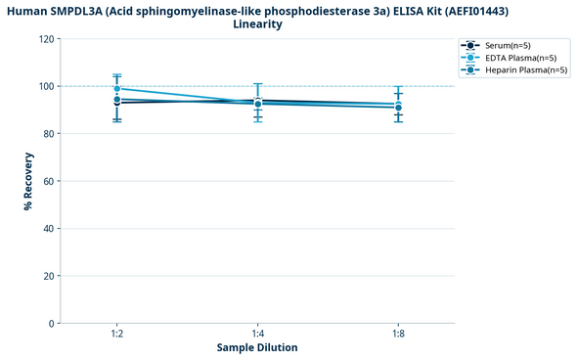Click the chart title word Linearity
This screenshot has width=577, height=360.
pyautogui.click(x=258, y=24)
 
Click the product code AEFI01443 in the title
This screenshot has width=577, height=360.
pyautogui.click(x=472, y=11)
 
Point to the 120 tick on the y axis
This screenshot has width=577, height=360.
pyautogui.click(x=46, y=39)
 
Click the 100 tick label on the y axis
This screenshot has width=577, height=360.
pyautogui.click(x=46, y=86)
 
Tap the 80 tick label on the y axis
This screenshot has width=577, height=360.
pyautogui.click(x=49, y=134)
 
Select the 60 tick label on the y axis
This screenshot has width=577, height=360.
pyautogui.click(x=49, y=181)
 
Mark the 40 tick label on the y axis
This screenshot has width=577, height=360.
pyautogui.click(x=49, y=229)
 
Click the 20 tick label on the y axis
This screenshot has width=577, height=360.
pyautogui.click(x=49, y=276)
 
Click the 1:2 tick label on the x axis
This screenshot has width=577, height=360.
pyautogui.click(x=117, y=335)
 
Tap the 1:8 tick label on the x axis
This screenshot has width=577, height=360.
pyautogui.click(x=398, y=335)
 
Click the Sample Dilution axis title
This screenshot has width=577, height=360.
pyautogui.click(x=257, y=348)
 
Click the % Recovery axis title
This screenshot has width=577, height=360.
pyautogui.click(x=29, y=181)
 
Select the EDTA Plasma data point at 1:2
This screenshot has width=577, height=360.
pyautogui.click(x=117, y=89)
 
